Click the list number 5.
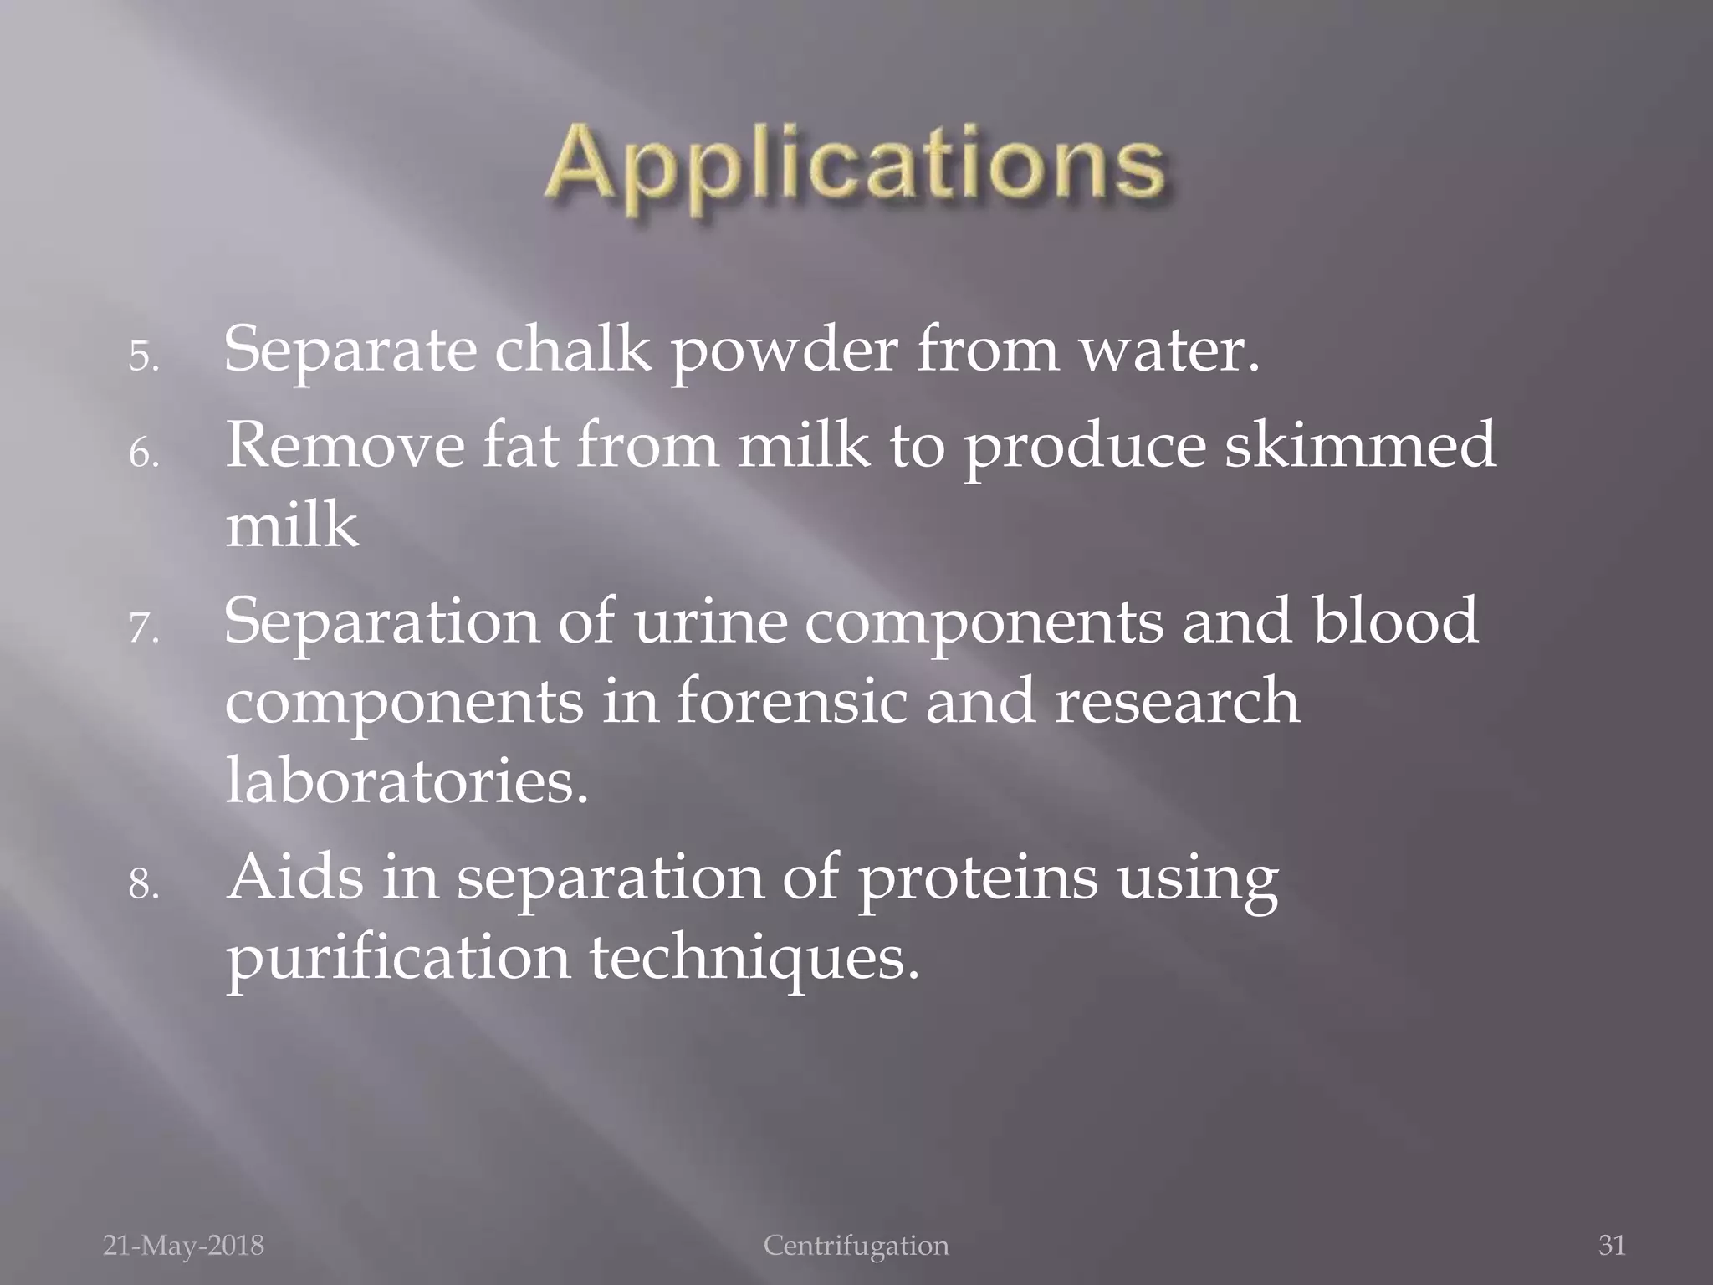point(143,357)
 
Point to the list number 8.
point(143,884)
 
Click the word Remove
point(345,445)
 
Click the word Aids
point(296,878)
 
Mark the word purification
point(399,960)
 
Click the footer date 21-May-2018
point(183,1246)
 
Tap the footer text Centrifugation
point(856,1246)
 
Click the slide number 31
point(1612,1246)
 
